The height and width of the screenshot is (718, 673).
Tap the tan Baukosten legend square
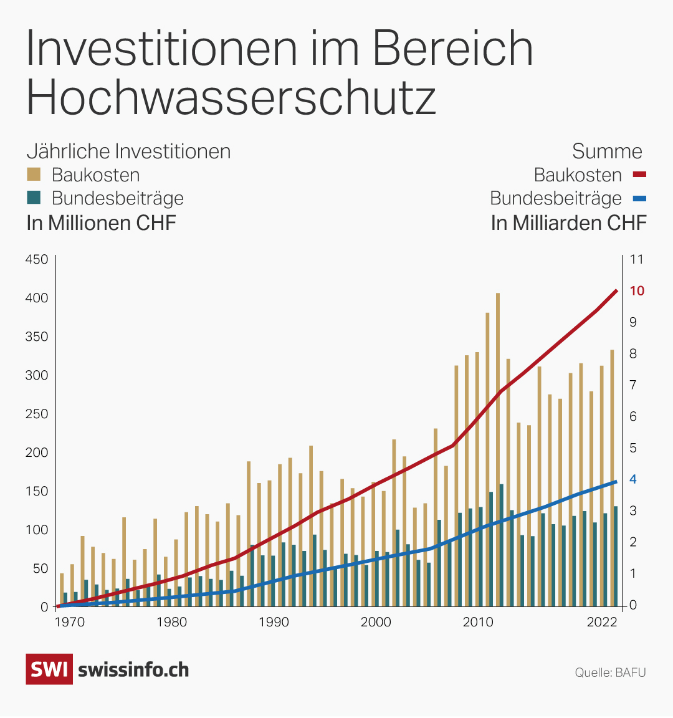[34, 174]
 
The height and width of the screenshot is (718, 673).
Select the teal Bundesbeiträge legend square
[34, 198]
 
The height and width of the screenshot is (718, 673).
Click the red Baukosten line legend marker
[639, 175]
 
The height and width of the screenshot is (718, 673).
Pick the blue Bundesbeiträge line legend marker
[639, 199]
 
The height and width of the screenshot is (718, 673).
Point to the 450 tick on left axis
[36, 259]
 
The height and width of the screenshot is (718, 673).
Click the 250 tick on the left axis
[36, 414]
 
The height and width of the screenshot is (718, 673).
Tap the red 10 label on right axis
[637, 291]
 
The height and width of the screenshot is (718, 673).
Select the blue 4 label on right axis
[633, 479]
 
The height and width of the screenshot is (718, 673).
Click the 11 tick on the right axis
[636, 259]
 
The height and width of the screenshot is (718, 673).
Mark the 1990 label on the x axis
[274, 622]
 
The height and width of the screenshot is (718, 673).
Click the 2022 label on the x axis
[602, 622]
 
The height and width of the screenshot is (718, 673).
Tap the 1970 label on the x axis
[70, 622]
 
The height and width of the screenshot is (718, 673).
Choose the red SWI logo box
[49, 669]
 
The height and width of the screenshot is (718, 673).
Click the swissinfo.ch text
[133, 670]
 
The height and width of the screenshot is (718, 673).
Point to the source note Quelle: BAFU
[610, 673]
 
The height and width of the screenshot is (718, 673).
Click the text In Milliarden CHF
[568, 223]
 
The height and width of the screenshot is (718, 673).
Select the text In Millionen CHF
[101, 223]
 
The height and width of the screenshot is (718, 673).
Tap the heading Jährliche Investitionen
[128, 151]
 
